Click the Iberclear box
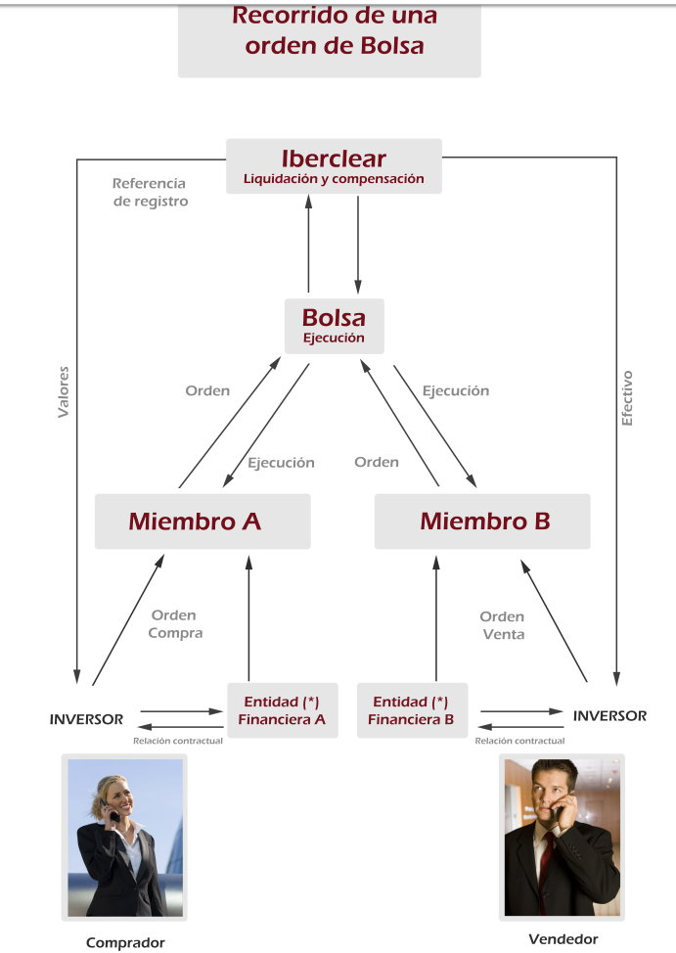tap(334, 166)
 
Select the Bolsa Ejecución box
tap(335, 326)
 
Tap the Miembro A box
tap(203, 522)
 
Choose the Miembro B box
tap(482, 522)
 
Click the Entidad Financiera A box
tap(283, 710)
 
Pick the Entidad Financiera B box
tap(412, 710)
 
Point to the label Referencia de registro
tap(150, 192)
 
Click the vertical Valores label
tap(64, 392)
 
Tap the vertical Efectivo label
tap(627, 398)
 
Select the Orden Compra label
tap(175, 624)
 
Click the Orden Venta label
tap(502, 625)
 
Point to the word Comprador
tap(125, 942)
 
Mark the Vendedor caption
tap(563, 939)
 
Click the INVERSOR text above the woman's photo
tap(86, 719)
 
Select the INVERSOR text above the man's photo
tap(609, 716)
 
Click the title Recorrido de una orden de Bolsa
tap(335, 30)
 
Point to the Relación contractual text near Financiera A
tap(177, 741)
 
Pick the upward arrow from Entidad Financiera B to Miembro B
tap(436, 618)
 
